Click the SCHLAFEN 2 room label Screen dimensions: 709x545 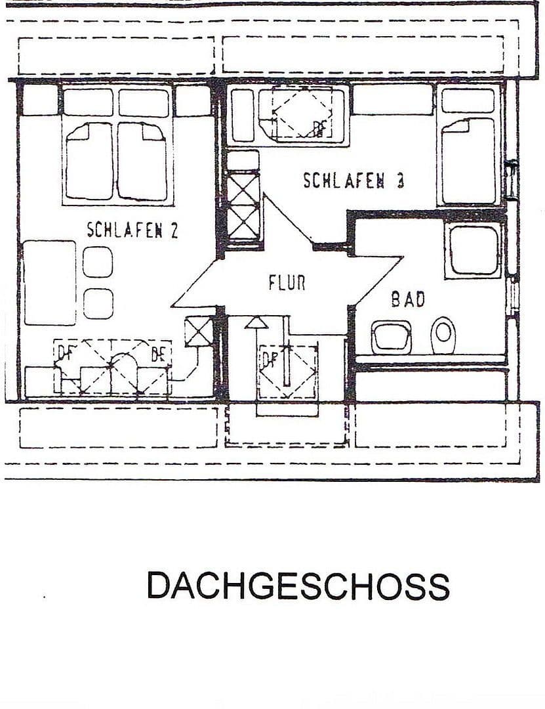tap(132, 230)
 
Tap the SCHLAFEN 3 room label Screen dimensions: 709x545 tap(353, 181)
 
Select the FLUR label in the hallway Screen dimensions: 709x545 tap(287, 283)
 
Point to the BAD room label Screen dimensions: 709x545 tap(408, 299)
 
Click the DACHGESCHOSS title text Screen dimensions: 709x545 tap(298, 586)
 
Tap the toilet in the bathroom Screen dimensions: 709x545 tap(444, 333)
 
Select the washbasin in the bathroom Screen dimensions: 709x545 tap(392, 337)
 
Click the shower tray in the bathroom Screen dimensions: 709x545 tap(474, 250)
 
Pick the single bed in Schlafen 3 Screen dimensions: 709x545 tap(468, 160)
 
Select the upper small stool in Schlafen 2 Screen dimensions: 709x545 tap(98, 261)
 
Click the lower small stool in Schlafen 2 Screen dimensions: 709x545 tap(98, 303)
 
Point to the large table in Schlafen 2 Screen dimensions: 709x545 tap(50, 282)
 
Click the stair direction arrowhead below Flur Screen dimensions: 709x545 tap(256, 322)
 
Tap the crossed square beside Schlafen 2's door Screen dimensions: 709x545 tap(199, 332)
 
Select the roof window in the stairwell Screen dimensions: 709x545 tap(287, 372)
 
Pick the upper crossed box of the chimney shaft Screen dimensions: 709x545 tap(243, 188)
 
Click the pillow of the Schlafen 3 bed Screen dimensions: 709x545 tap(468, 100)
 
